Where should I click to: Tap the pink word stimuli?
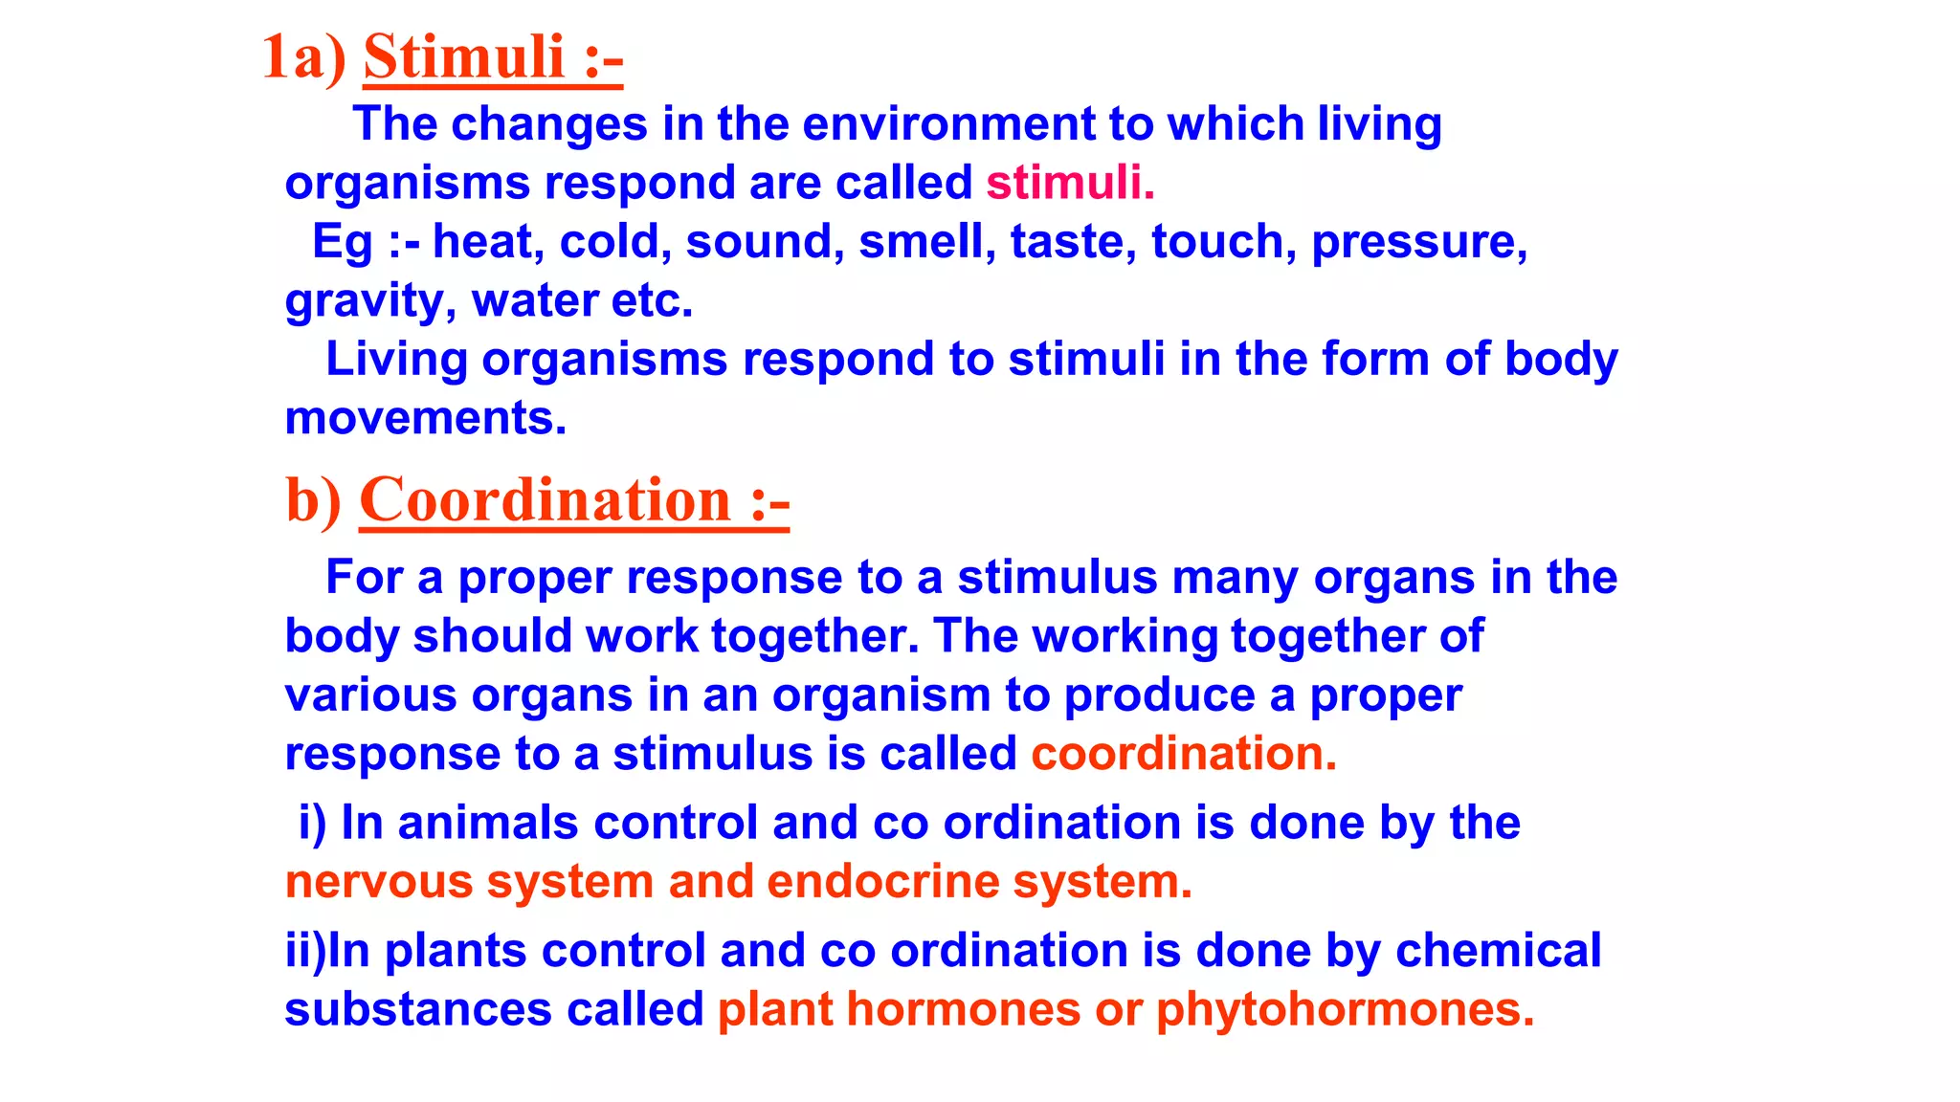1070,183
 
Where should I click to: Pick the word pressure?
1419,243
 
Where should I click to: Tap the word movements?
426,418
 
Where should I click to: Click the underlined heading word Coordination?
546,500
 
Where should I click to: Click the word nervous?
379,882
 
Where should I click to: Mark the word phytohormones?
1345,1010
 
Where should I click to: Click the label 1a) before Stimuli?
303,57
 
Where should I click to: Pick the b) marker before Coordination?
313,501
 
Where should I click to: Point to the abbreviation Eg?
342,243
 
